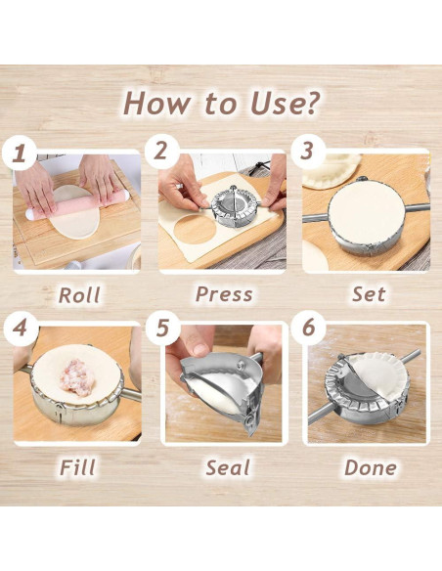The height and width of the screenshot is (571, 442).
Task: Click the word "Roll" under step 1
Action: pyautogui.click(x=79, y=294)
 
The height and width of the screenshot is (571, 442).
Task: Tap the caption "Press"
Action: pyautogui.click(x=224, y=294)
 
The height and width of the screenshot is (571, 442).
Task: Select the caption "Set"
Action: pyautogui.click(x=369, y=294)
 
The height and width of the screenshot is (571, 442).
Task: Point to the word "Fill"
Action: pyautogui.click(x=77, y=467)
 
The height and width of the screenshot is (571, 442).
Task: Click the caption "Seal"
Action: pyautogui.click(x=228, y=467)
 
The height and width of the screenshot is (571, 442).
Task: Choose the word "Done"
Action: pyautogui.click(x=371, y=467)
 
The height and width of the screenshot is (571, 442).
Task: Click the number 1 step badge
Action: pyautogui.click(x=20, y=153)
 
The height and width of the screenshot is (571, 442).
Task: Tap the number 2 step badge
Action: pyautogui.click(x=161, y=152)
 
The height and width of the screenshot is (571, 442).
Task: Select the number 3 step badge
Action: pyautogui.click(x=308, y=151)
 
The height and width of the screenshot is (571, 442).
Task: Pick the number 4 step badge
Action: pyautogui.click(x=20, y=328)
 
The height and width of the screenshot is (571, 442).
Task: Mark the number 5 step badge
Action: pyautogui.click(x=162, y=328)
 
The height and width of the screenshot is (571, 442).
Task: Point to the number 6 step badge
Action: pyautogui.click(x=308, y=328)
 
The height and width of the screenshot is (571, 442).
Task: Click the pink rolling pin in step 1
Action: pyautogui.click(x=77, y=206)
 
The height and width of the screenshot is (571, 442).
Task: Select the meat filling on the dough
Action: pyautogui.click(x=77, y=377)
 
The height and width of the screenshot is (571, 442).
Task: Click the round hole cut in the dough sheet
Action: pyautogui.click(x=194, y=229)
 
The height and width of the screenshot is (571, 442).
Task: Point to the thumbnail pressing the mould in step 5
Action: pyautogui.click(x=200, y=349)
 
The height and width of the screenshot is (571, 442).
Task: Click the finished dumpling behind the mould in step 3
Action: pyautogui.click(x=331, y=170)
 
